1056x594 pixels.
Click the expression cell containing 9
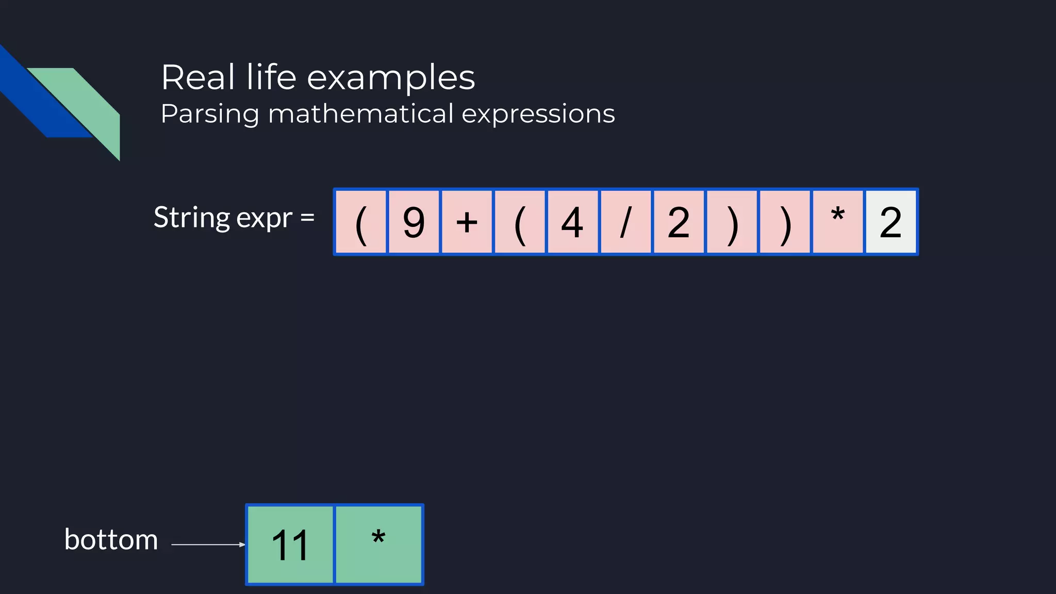click(x=414, y=222)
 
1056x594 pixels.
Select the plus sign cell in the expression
click(x=467, y=222)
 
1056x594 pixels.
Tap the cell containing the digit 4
click(x=572, y=222)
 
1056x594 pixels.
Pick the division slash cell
click(x=625, y=222)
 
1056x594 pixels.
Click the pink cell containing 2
click(x=679, y=222)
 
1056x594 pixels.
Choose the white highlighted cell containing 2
click(x=890, y=222)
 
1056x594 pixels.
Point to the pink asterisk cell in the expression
click(x=837, y=222)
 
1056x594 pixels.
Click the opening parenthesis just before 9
click(x=361, y=222)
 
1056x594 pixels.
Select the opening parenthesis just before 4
click(x=519, y=222)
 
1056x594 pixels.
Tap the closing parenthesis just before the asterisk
click(x=784, y=222)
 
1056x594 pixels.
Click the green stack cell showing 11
click(x=290, y=544)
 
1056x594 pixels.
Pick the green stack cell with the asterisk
click(x=378, y=544)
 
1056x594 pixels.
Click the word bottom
click(x=111, y=540)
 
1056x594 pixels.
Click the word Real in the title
click(x=199, y=78)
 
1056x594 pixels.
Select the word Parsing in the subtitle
click(x=209, y=114)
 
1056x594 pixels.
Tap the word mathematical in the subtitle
click(x=361, y=113)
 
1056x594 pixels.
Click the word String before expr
click(x=191, y=218)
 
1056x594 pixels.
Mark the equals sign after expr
click(x=307, y=218)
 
